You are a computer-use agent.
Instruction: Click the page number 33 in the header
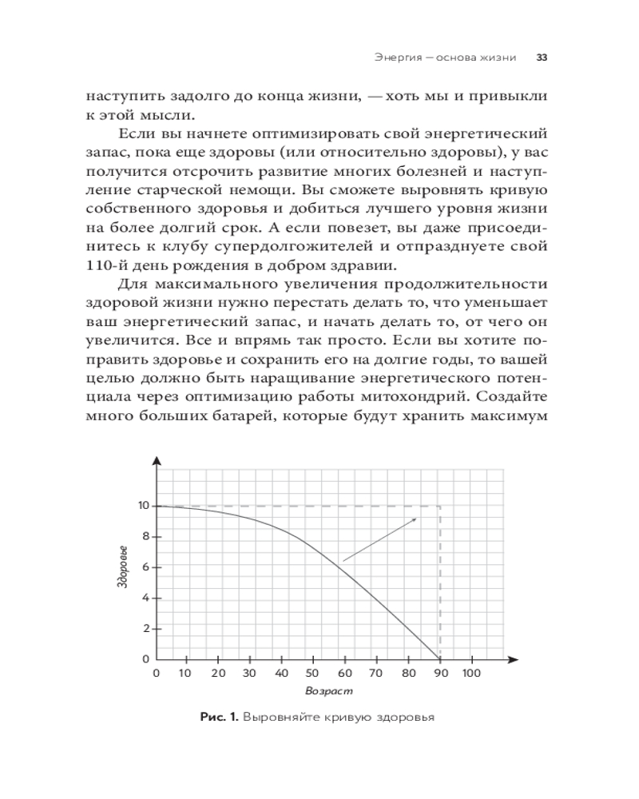coord(541,58)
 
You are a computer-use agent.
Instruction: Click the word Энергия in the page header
coord(397,58)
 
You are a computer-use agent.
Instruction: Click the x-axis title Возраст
coord(328,690)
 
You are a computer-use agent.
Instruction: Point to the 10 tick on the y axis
coord(143,506)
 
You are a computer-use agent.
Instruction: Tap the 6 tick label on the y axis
coord(146,567)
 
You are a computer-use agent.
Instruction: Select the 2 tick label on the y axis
coord(146,629)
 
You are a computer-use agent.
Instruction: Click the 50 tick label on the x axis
coord(313,674)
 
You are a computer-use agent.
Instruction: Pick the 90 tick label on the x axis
coord(439,674)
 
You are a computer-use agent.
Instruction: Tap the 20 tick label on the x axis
coord(218,674)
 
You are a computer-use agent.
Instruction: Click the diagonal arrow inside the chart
coord(380,539)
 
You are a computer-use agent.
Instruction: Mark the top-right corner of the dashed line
coord(439,506)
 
